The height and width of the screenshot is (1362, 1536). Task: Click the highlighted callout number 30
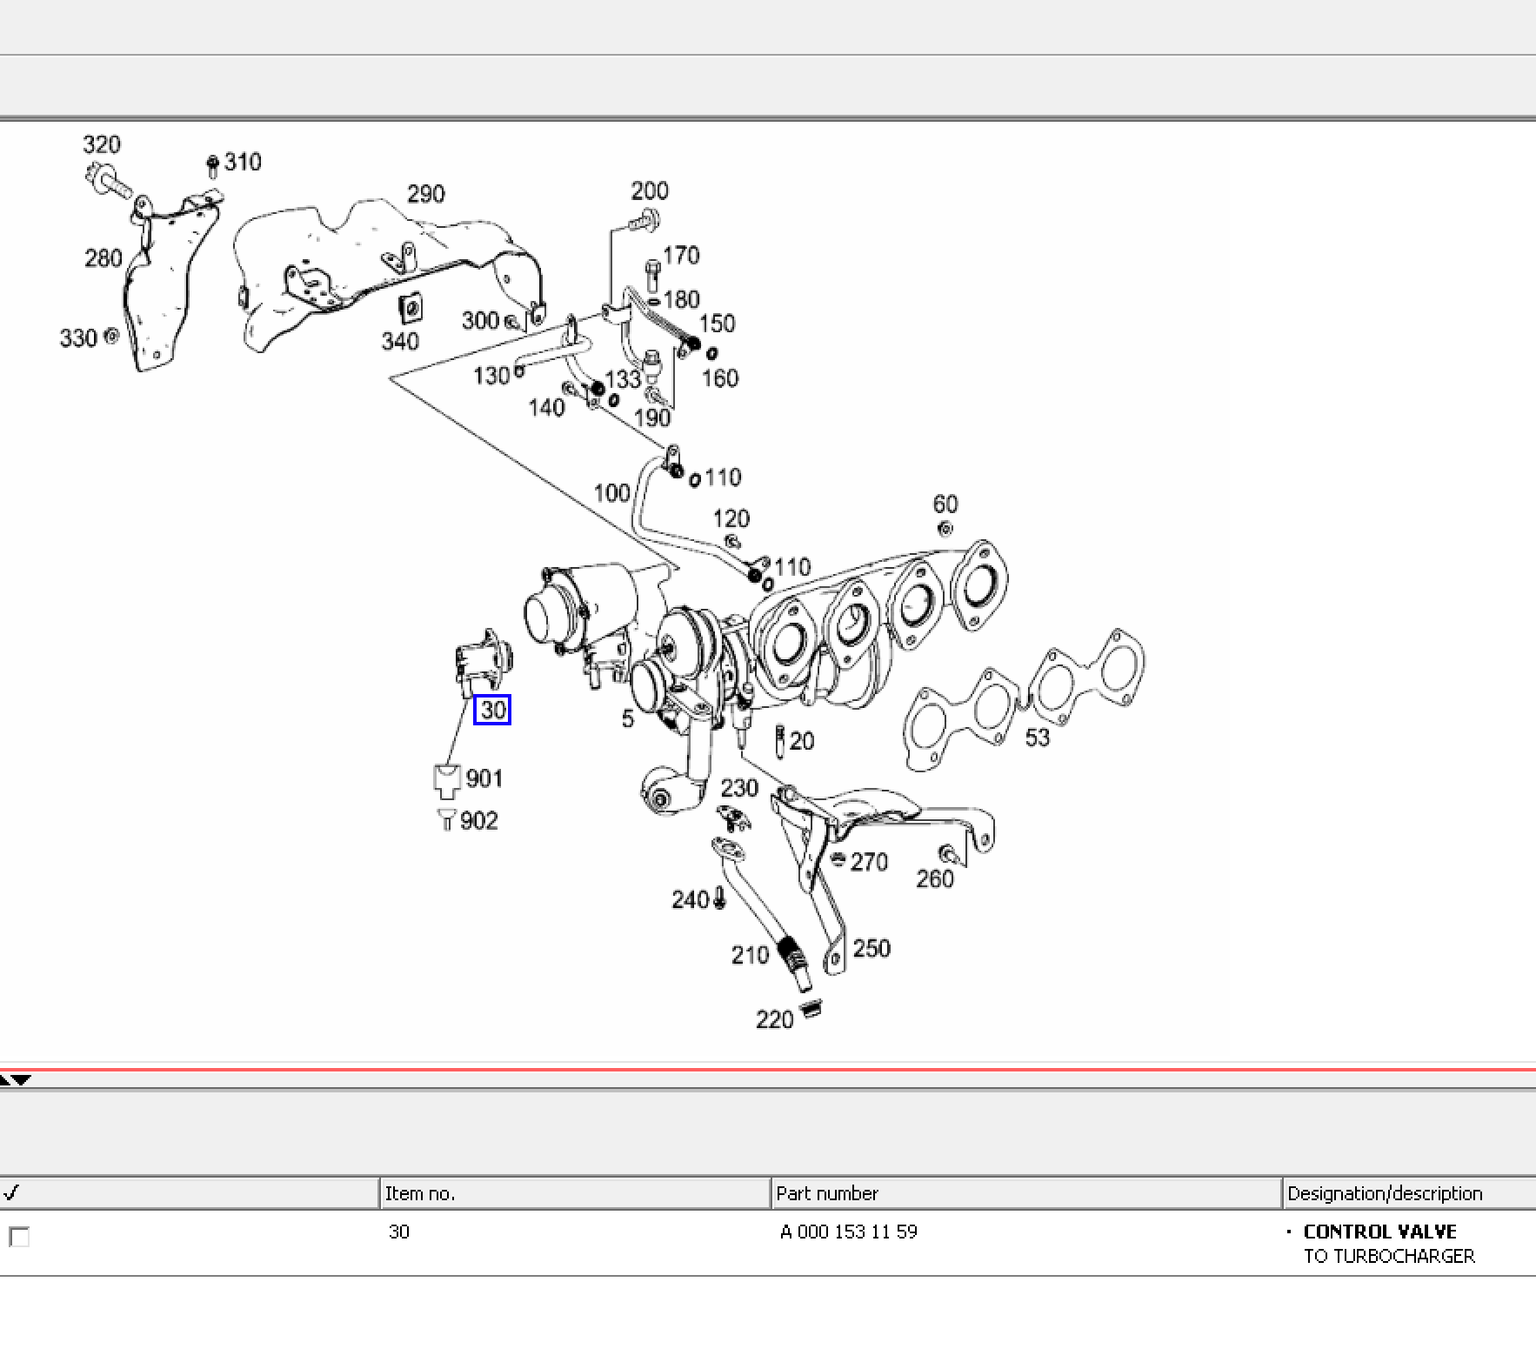[492, 711]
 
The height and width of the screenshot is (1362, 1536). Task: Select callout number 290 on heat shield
[426, 194]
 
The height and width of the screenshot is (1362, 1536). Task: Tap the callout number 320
[102, 144]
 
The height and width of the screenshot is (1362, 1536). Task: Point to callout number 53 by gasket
[1037, 738]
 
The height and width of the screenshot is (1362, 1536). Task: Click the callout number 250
[872, 948]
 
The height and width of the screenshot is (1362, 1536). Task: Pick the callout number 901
[484, 778]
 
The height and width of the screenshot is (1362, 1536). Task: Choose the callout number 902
[479, 821]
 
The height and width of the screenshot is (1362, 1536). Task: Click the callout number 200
[650, 191]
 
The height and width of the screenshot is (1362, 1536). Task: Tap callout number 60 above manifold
[945, 504]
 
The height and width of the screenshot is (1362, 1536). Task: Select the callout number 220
[774, 1019]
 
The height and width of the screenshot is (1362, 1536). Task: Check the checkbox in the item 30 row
[18, 1236]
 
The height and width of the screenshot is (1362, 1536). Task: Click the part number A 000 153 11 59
[849, 1232]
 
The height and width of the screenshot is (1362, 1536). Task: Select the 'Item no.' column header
[419, 1193]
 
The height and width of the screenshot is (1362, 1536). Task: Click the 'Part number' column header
[827, 1193]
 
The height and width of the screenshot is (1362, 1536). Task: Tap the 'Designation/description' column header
[1385, 1193]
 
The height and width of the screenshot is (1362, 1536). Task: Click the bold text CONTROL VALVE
[1379, 1232]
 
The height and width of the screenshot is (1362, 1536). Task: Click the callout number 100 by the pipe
[611, 493]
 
